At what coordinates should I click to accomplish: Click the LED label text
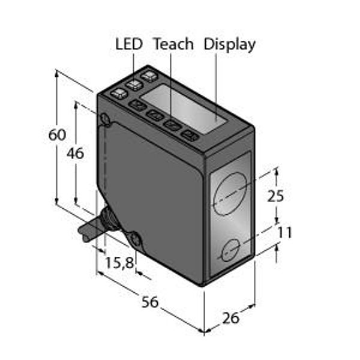coord(129,44)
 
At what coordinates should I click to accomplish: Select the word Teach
coord(174,44)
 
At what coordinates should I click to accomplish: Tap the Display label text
coord(230,45)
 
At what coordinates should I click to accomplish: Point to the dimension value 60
coord(57,135)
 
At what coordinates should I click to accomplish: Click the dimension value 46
coord(76,154)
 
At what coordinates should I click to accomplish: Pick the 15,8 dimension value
coord(119,263)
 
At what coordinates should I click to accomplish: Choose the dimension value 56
coord(150,302)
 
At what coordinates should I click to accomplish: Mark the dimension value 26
coord(231,318)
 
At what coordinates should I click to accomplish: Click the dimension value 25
coord(275,196)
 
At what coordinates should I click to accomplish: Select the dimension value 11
coord(284,233)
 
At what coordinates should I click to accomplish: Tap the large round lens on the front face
coord(230,194)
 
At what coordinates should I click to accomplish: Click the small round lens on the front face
coord(231,250)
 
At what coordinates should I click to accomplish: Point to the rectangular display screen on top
coord(183,109)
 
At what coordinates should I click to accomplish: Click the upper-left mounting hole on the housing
coord(105,119)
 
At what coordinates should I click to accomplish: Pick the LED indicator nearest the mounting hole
coord(119,94)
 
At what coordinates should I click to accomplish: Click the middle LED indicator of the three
coord(134,85)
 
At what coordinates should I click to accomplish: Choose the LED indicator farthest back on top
coord(149,76)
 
